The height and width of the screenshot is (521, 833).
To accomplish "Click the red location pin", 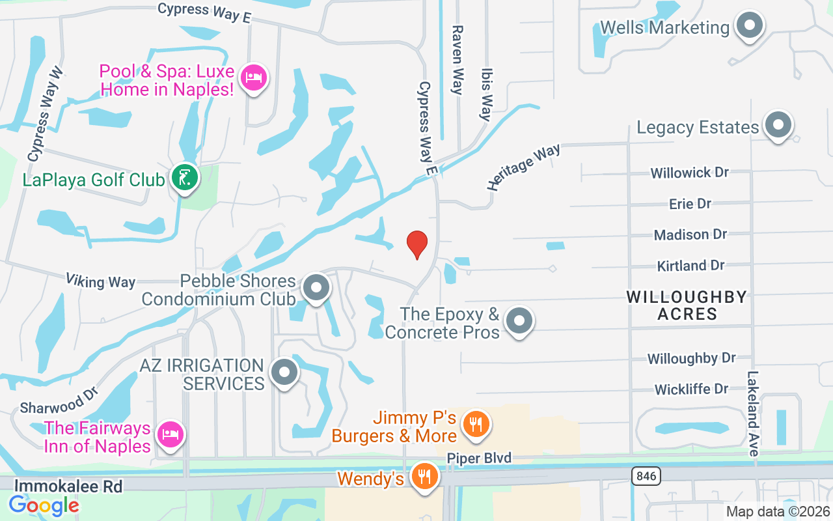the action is [x=417, y=244].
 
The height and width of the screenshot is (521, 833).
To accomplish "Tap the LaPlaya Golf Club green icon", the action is [x=185, y=177].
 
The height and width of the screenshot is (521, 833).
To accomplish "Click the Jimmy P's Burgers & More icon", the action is [x=476, y=424].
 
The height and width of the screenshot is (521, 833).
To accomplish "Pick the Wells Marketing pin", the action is [x=749, y=27].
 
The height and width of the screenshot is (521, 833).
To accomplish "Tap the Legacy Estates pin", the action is [x=777, y=125].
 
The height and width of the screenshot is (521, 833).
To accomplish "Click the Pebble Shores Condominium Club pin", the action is [x=317, y=287].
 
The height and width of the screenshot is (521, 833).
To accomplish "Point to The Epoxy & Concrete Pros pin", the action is [x=519, y=321].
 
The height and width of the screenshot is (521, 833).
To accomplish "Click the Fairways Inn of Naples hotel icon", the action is [x=171, y=434].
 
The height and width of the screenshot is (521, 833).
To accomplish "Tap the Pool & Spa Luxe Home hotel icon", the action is [x=253, y=78].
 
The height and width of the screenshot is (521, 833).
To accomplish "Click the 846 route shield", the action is [x=646, y=476].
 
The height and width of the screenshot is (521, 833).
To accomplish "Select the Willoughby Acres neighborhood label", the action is [x=687, y=305].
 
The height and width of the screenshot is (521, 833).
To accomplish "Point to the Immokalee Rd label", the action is [x=68, y=485].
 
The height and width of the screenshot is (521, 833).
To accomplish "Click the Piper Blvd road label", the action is [x=479, y=458].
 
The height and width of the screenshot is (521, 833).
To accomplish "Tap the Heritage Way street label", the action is [x=523, y=167].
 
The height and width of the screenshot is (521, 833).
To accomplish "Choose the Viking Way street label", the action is [x=100, y=281].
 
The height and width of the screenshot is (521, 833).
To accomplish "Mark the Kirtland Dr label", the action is [x=690, y=266].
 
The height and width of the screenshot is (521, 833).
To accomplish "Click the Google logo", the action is [x=44, y=505].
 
